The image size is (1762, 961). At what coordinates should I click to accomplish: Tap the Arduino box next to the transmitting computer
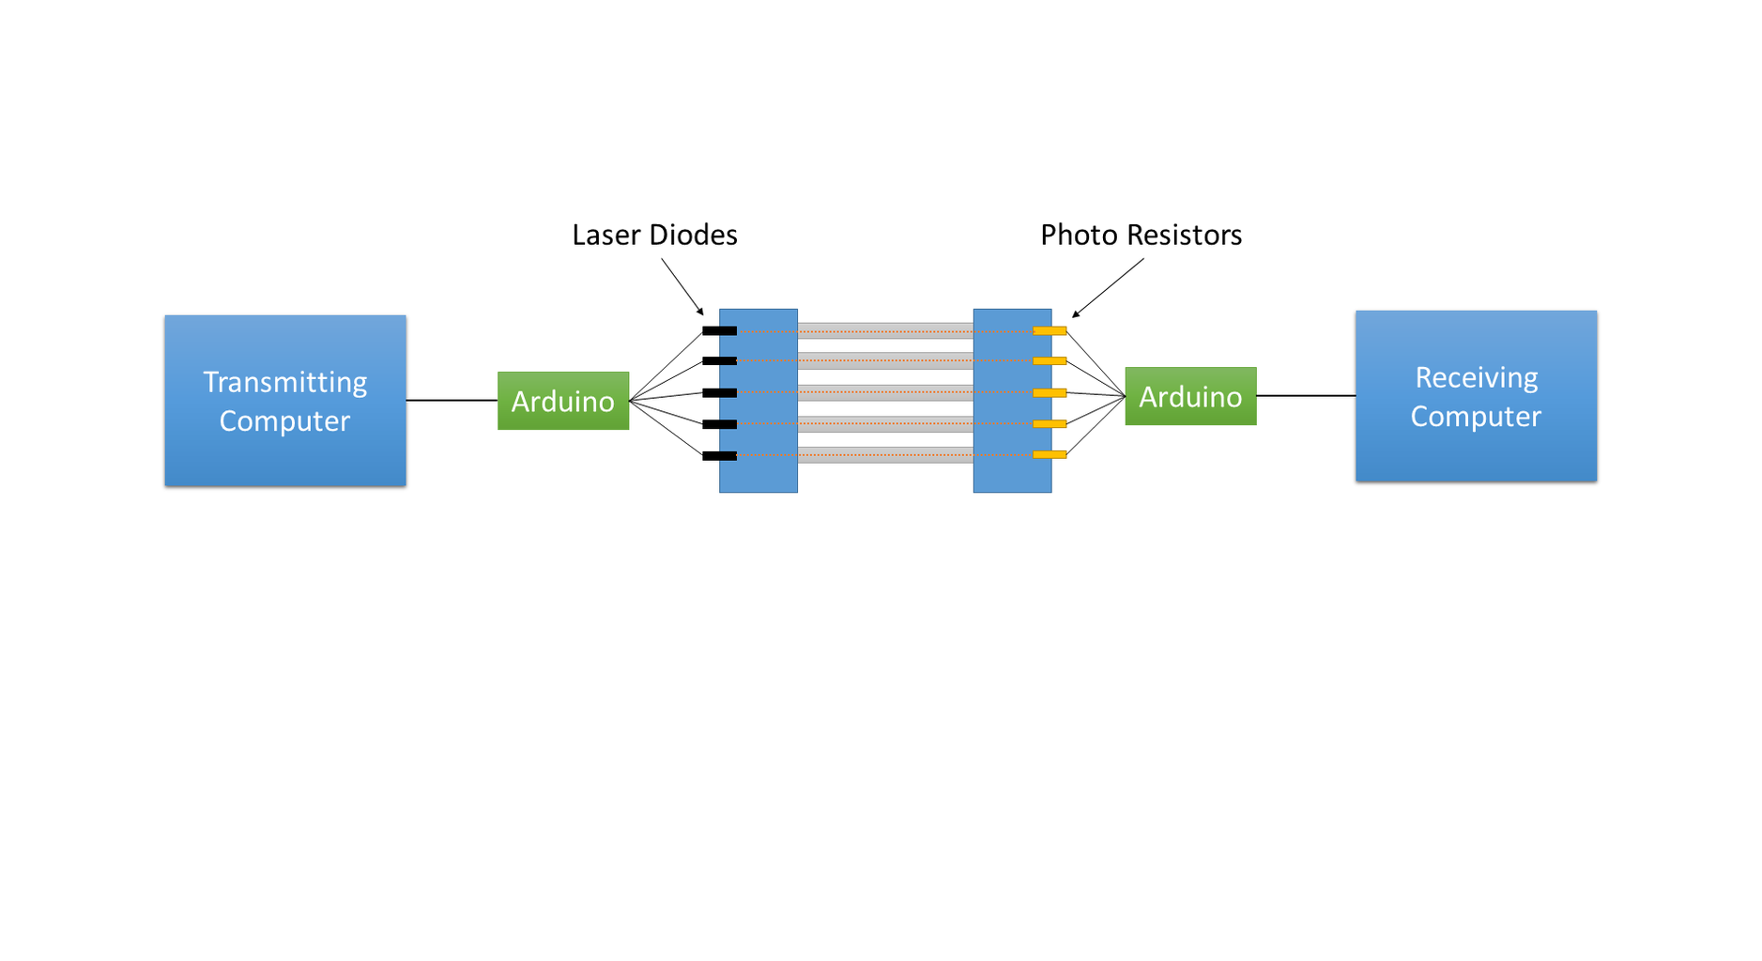point(563,401)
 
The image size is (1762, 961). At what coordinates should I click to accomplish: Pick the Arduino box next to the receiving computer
point(1190,396)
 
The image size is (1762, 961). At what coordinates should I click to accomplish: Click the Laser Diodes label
point(654,235)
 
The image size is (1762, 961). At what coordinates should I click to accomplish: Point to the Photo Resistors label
point(1141,235)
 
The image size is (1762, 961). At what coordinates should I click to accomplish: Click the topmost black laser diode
point(719,330)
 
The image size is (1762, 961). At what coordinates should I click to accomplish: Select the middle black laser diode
point(719,392)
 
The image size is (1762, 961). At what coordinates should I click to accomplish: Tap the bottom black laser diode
point(719,456)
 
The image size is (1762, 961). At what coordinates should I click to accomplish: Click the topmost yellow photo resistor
point(1050,330)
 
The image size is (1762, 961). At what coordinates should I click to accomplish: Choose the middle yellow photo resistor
point(1050,392)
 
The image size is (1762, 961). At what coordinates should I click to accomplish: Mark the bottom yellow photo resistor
point(1050,455)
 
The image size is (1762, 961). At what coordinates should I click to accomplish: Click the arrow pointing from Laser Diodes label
point(682,287)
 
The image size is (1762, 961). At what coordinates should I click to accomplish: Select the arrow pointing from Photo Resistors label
point(1108,288)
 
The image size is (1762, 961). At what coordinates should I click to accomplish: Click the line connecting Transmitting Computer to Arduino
point(452,401)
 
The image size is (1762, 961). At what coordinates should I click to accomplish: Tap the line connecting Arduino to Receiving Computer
point(1306,396)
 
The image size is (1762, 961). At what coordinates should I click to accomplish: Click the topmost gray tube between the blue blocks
point(885,330)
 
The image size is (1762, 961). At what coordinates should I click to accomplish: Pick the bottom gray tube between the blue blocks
point(885,455)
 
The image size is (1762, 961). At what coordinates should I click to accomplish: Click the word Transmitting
point(285,382)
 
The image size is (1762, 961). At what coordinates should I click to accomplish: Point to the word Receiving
point(1476,377)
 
